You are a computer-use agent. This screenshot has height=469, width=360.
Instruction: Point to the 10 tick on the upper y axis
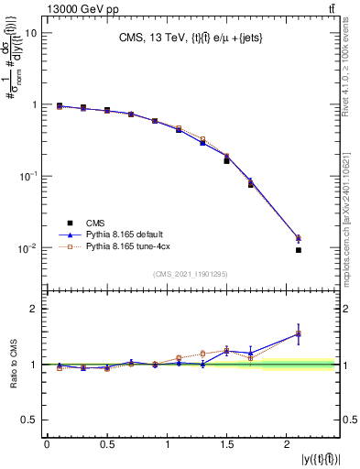32,33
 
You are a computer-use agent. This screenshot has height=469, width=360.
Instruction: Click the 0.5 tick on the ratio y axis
31,420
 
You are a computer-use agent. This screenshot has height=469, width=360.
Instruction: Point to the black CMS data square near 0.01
299,250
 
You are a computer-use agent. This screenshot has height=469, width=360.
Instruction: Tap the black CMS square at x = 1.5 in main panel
226,161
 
